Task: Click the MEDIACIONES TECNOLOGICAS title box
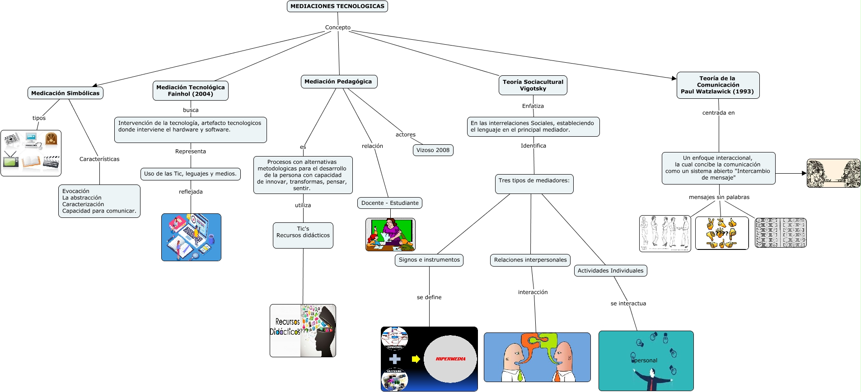pos(337,6)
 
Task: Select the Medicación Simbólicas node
pos(66,93)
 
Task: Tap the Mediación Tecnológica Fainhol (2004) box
pos(191,91)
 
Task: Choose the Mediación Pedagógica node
pos(338,82)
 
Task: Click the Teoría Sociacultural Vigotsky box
pos(533,85)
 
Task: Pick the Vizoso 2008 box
pos(433,150)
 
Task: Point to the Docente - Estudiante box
pos(390,203)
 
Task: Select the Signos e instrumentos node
pos(429,260)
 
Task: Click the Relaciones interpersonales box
pos(530,260)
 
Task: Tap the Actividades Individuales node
pos(611,271)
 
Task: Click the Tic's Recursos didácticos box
pos(303,235)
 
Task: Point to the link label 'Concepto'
pos(338,28)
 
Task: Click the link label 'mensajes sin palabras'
pos(719,197)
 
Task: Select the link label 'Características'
pos(99,159)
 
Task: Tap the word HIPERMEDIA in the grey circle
pos(450,359)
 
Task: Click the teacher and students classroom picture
pos(390,235)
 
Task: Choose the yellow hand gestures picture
pos(722,233)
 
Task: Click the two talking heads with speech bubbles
pos(537,357)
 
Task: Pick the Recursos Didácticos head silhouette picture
pos(303,331)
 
